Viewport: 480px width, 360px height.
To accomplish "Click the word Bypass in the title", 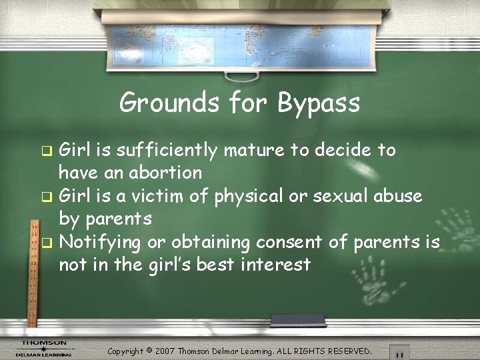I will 319,104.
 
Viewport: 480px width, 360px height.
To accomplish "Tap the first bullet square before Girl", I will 46,151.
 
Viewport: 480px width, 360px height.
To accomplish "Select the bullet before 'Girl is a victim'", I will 46,197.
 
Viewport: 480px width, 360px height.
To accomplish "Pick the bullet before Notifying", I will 46,243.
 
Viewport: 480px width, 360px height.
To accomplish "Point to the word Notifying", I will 101,243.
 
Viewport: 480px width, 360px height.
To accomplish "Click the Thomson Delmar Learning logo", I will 44,348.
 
